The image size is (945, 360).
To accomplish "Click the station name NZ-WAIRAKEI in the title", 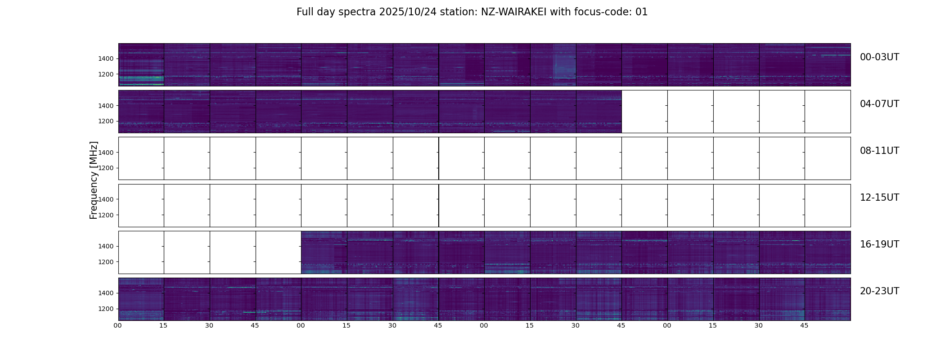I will coord(513,12).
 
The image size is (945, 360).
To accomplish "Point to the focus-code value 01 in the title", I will coord(641,12).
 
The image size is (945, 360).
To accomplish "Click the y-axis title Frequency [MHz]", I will coord(94,180).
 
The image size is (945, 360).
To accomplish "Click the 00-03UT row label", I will coord(879,57).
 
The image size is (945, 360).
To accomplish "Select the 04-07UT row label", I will coord(879,104).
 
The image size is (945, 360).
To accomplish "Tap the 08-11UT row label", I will coord(879,151).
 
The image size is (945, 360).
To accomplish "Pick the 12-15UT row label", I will coord(879,198).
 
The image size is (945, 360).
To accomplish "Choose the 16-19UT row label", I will coord(879,244).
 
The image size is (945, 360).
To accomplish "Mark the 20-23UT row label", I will coord(879,291).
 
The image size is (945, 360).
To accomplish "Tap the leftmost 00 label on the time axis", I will coord(118,325).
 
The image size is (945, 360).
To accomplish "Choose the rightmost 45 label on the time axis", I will coord(804,325).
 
